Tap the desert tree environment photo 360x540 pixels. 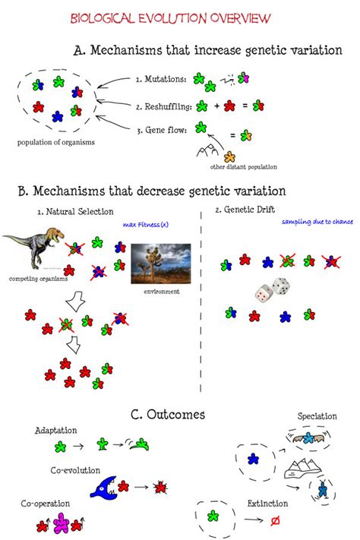155,264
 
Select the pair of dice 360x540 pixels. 270,290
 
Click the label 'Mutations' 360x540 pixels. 161,79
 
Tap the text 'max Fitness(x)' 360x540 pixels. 144,225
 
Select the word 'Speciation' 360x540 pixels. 317,417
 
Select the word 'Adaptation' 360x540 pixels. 55,431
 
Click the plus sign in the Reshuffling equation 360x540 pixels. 216,106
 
